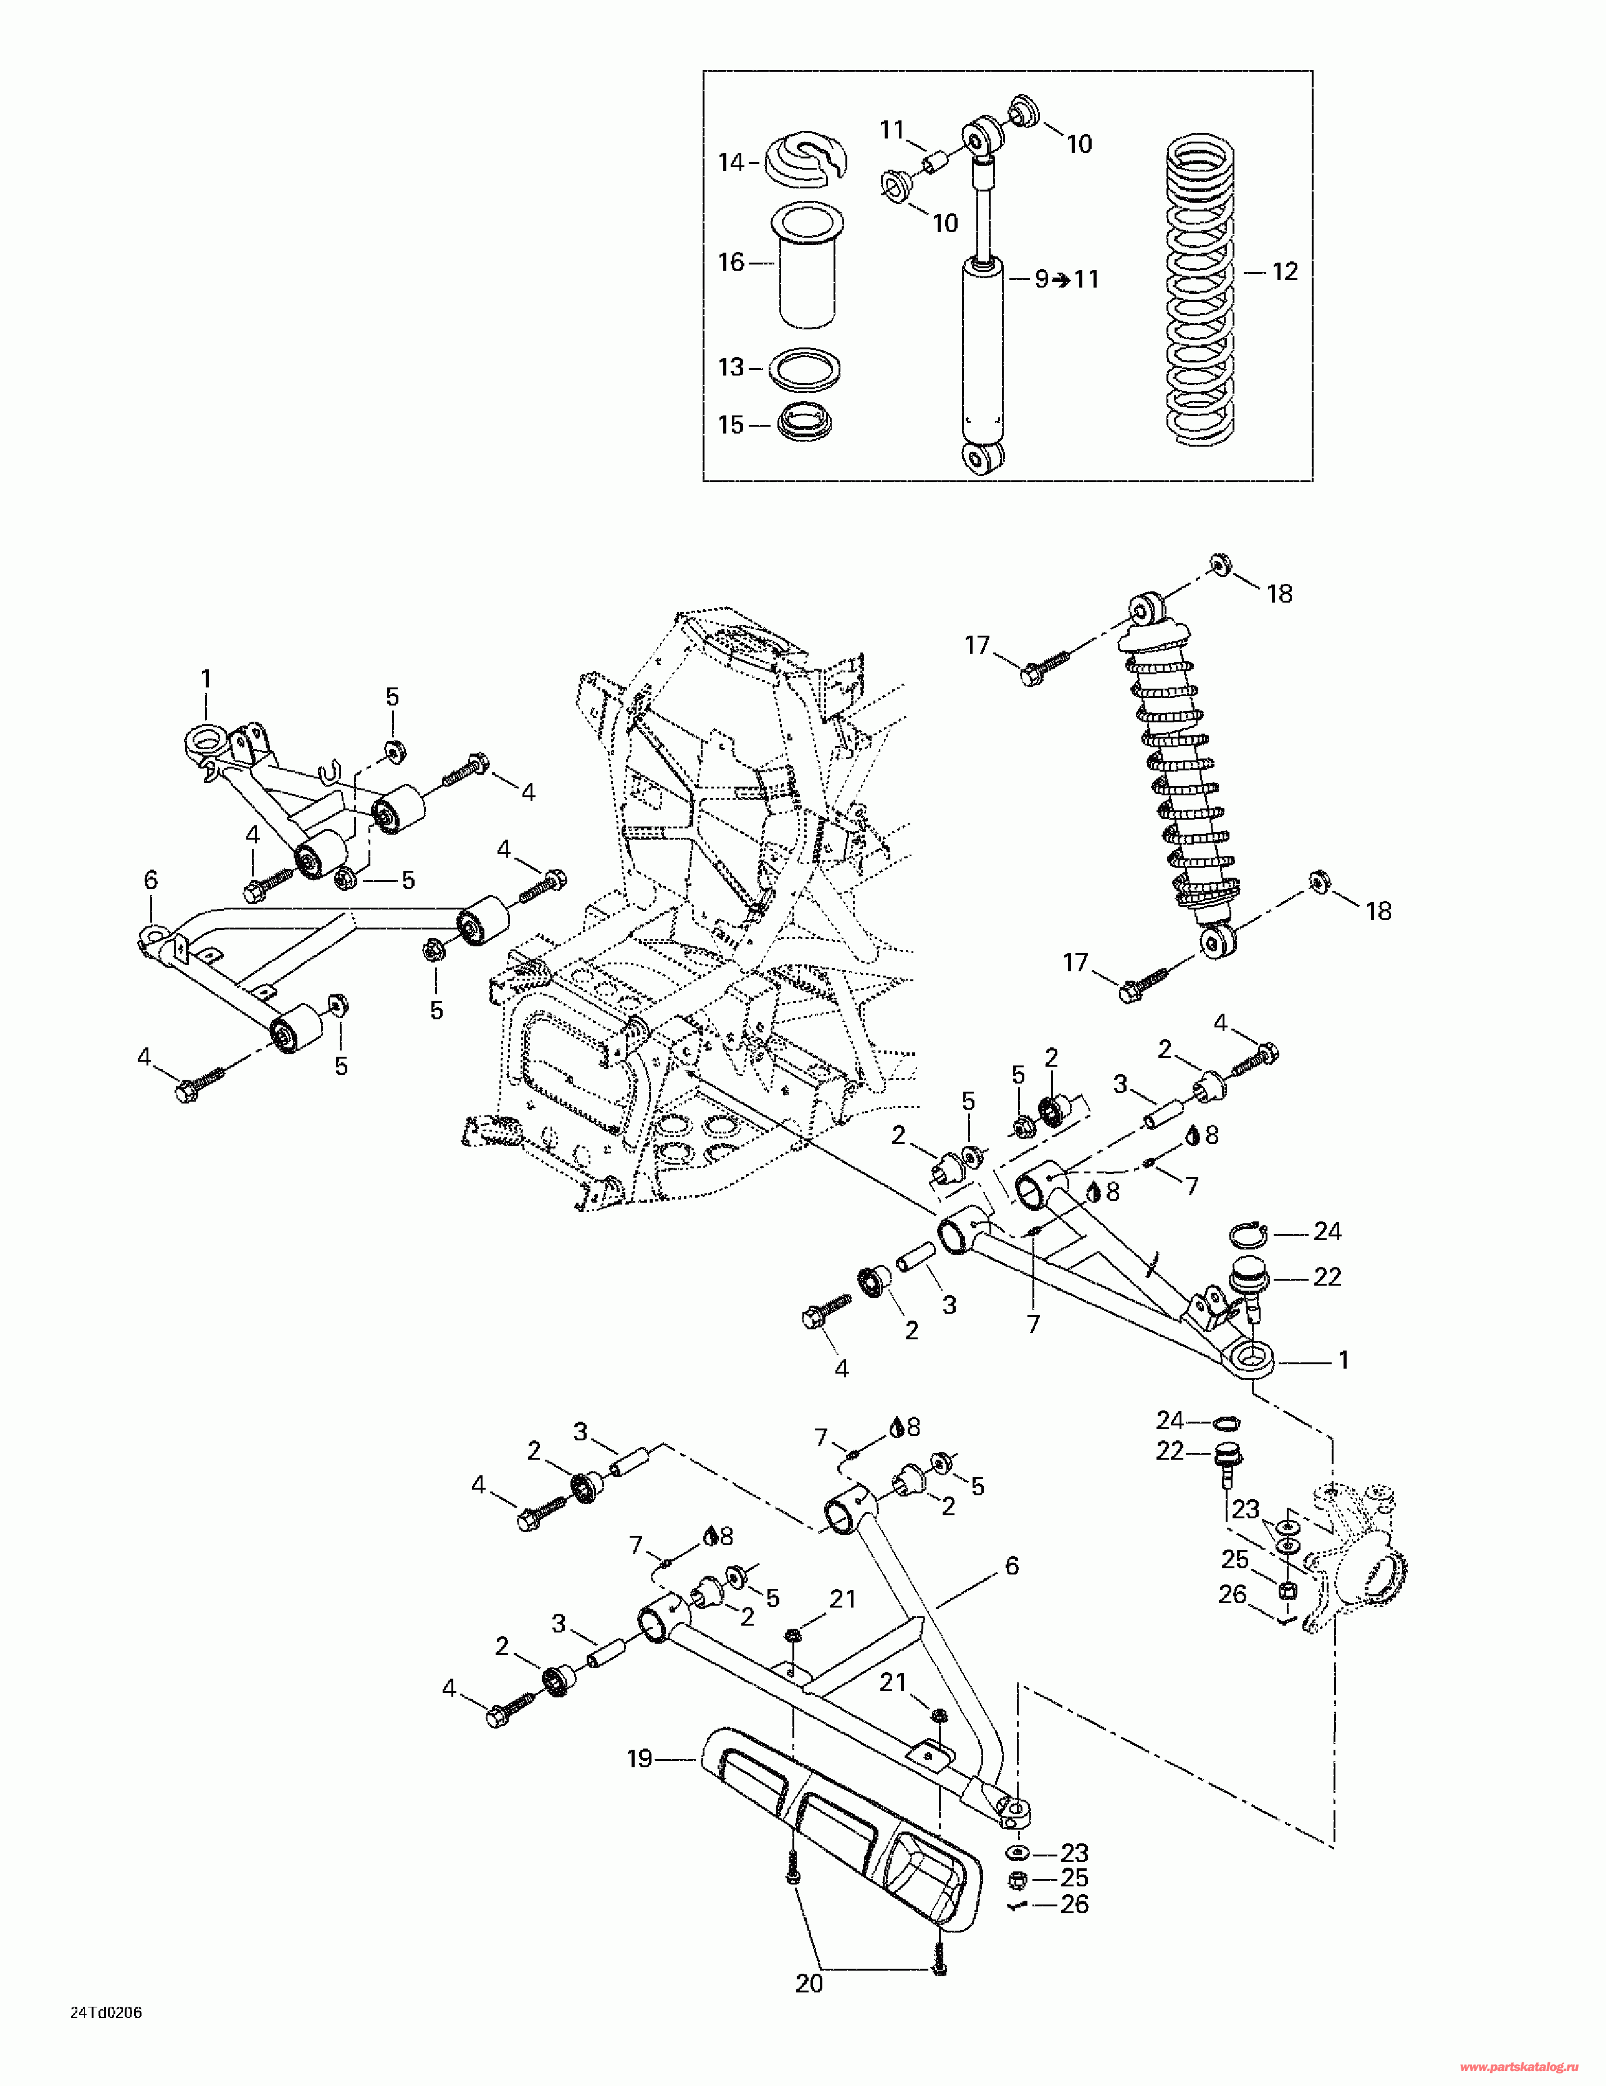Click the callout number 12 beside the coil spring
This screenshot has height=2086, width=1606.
tap(1285, 272)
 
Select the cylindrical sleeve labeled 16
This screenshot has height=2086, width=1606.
tap(808, 266)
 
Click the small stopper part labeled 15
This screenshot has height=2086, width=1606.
tap(805, 424)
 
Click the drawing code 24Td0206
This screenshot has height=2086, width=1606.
tap(106, 2012)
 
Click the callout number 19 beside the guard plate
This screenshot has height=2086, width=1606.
tap(640, 1759)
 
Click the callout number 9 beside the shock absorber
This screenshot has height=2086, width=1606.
tap(1042, 280)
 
